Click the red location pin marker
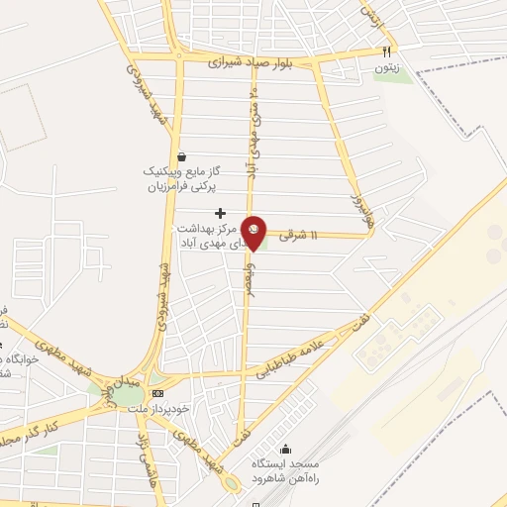[x=254, y=233]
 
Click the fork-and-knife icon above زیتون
[x=387, y=51]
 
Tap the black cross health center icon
[x=220, y=213]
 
